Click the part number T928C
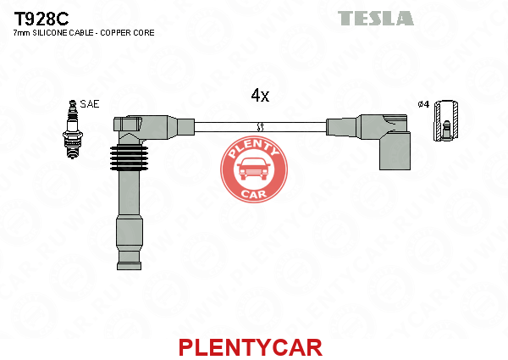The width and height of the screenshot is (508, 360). point(41,19)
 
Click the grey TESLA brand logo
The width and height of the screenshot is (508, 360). point(376,18)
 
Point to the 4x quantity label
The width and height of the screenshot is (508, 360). point(260,95)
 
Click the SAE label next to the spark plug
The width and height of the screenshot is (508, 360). point(90,104)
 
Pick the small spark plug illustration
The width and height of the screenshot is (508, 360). point(72,130)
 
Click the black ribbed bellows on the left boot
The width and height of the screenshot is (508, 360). point(129,158)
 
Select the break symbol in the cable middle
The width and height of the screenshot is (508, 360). point(260,127)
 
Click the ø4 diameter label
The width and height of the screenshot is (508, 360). point(423,104)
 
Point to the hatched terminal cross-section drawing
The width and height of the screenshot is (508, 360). point(446,120)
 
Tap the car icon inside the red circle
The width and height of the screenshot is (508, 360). point(254,169)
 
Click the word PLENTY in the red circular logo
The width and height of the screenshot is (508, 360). point(254,148)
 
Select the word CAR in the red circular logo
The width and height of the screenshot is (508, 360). point(254,194)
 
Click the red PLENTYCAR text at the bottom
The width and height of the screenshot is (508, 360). point(251,347)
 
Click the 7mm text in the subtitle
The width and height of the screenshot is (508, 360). point(22,33)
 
